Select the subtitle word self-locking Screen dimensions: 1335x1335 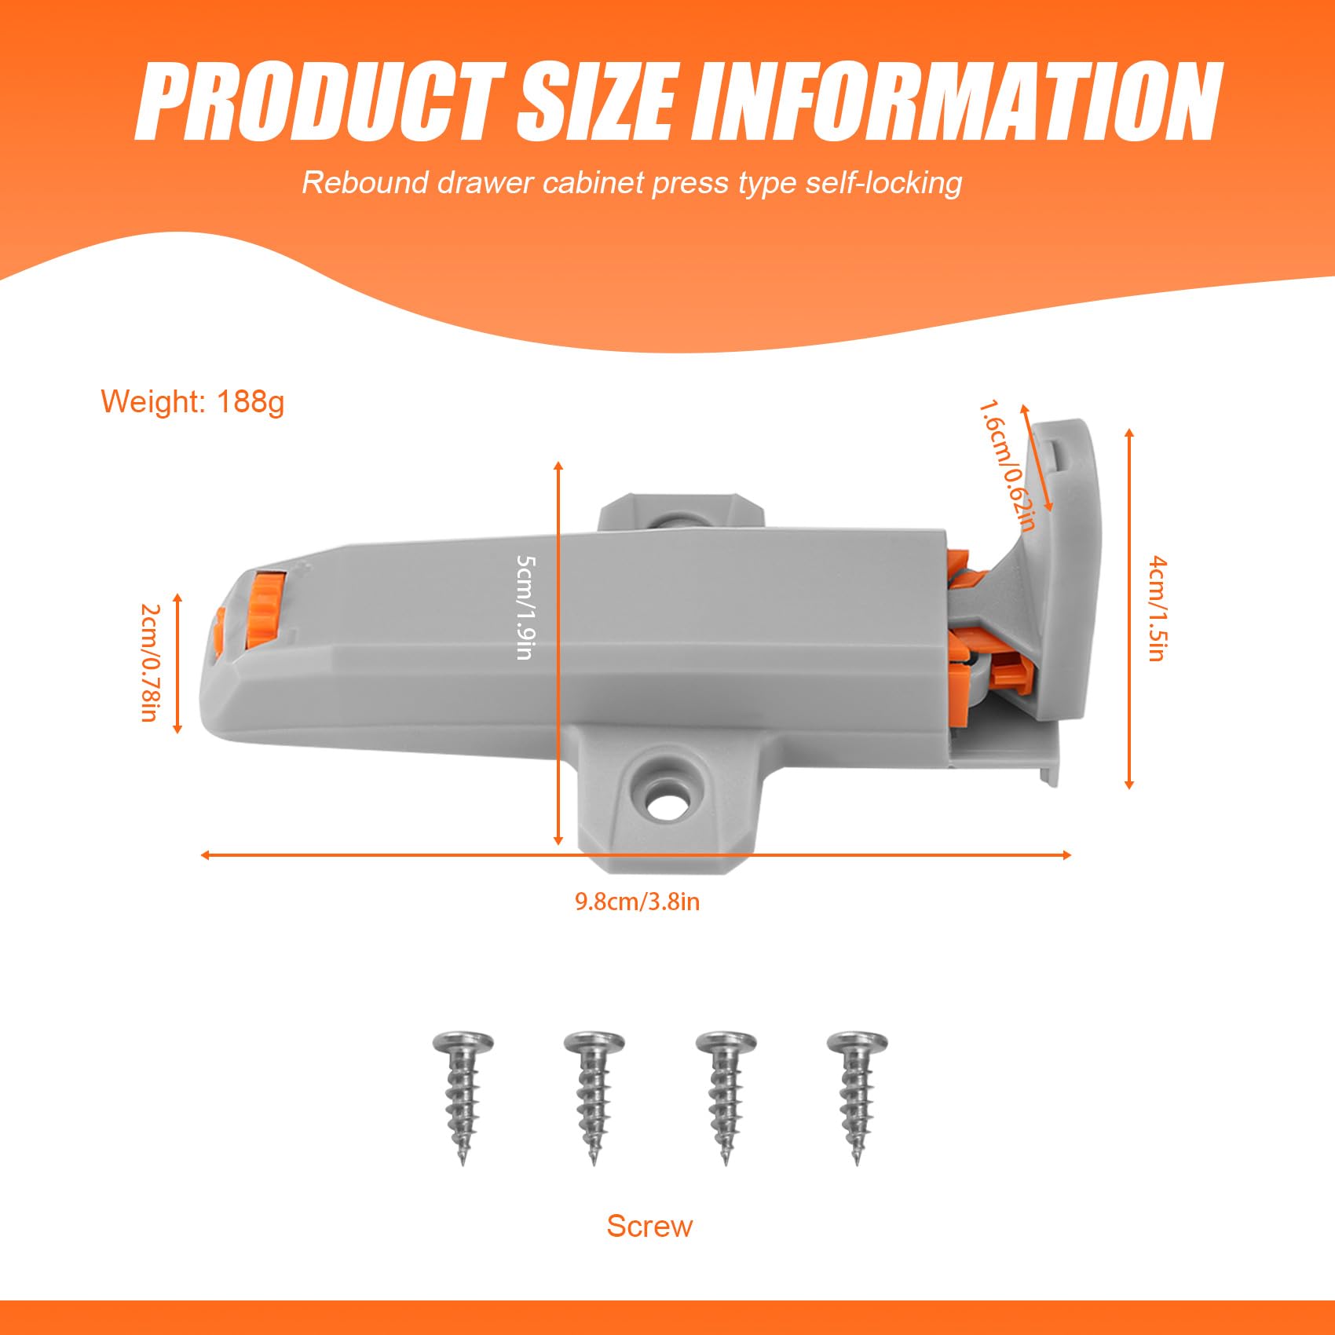point(884,183)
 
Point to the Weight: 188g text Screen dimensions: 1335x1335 point(192,401)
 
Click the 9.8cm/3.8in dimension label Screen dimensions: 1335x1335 point(637,902)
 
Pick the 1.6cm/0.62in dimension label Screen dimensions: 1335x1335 point(1008,466)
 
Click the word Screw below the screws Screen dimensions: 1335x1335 point(649,1227)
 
